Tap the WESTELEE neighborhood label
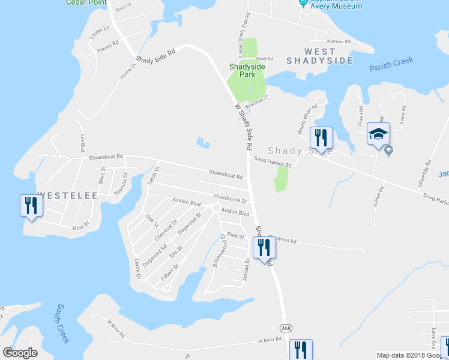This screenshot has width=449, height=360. click(55, 196)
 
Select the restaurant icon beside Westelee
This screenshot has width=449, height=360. click(30, 206)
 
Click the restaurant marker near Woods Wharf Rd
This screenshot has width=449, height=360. click(321, 138)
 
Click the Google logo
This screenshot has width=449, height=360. click(20, 353)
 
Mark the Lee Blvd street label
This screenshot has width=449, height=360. click(82, 145)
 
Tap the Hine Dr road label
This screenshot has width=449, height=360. click(80, 226)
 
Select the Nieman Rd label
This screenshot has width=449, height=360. click(339, 41)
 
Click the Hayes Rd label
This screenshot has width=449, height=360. click(109, 42)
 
